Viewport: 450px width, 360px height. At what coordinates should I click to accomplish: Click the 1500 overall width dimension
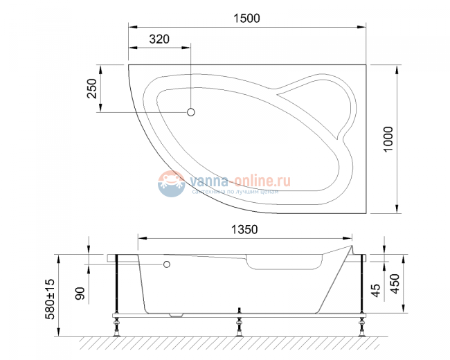click(x=246, y=19)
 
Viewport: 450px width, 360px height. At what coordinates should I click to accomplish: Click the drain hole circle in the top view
click(x=192, y=112)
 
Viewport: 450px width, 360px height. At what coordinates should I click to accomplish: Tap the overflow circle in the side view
click(x=166, y=264)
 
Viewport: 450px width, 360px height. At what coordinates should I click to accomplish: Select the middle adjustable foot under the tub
click(x=240, y=325)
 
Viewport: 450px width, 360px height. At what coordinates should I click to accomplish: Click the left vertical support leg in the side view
click(x=118, y=284)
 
